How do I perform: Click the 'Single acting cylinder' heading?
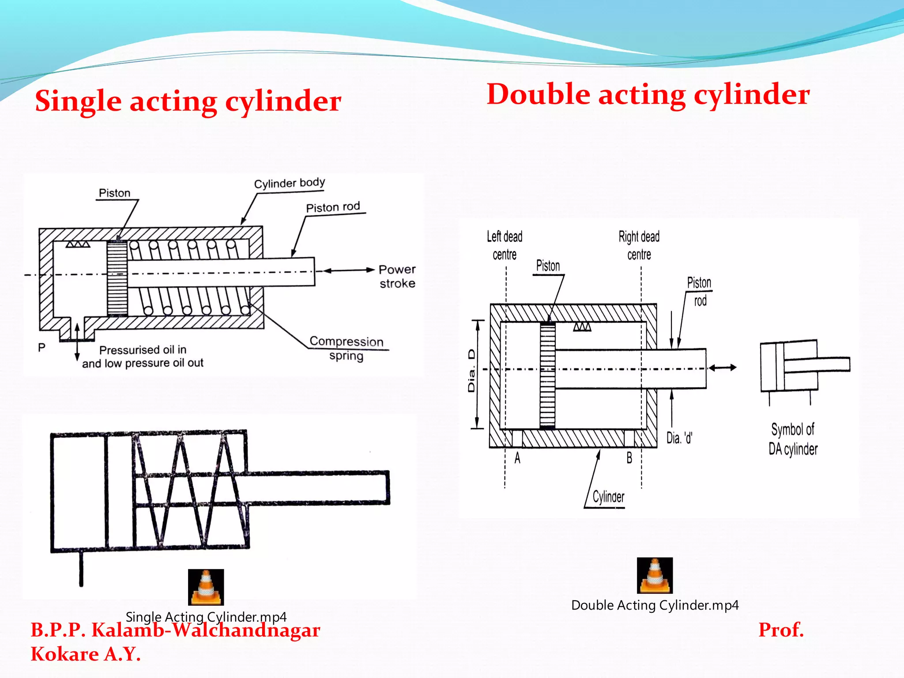click(x=188, y=101)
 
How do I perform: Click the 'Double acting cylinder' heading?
click(x=648, y=94)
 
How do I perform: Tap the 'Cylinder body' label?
click(x=290, y=183)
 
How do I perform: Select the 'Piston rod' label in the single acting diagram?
click(x=333, y=207)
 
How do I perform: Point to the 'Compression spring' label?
click(x=347, y=348)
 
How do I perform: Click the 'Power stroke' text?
click(x=397, y=276)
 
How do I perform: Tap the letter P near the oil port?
click(x=41, y=347)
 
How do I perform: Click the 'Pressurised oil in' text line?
click(x=143, y=350)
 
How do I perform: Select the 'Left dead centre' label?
click(x=505, y=245)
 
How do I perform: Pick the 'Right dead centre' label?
click(x=639, y=245)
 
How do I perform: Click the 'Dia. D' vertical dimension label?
click(x=471, y=371)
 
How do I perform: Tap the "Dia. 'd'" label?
click(x=679, y=438)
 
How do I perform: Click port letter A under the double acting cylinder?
click(x=517, y=458)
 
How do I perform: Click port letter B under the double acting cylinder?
click(x=629, y=458)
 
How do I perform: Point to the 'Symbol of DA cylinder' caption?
click(x=793, y=439)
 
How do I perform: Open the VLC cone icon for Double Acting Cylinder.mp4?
click(x=655, y=575)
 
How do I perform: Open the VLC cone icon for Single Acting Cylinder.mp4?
click(x=206, y=587)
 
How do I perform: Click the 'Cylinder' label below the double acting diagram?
click(x=608, y=497)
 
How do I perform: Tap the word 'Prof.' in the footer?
click(x=781, y=629)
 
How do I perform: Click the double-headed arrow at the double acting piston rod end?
click(x=723, y=368)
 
